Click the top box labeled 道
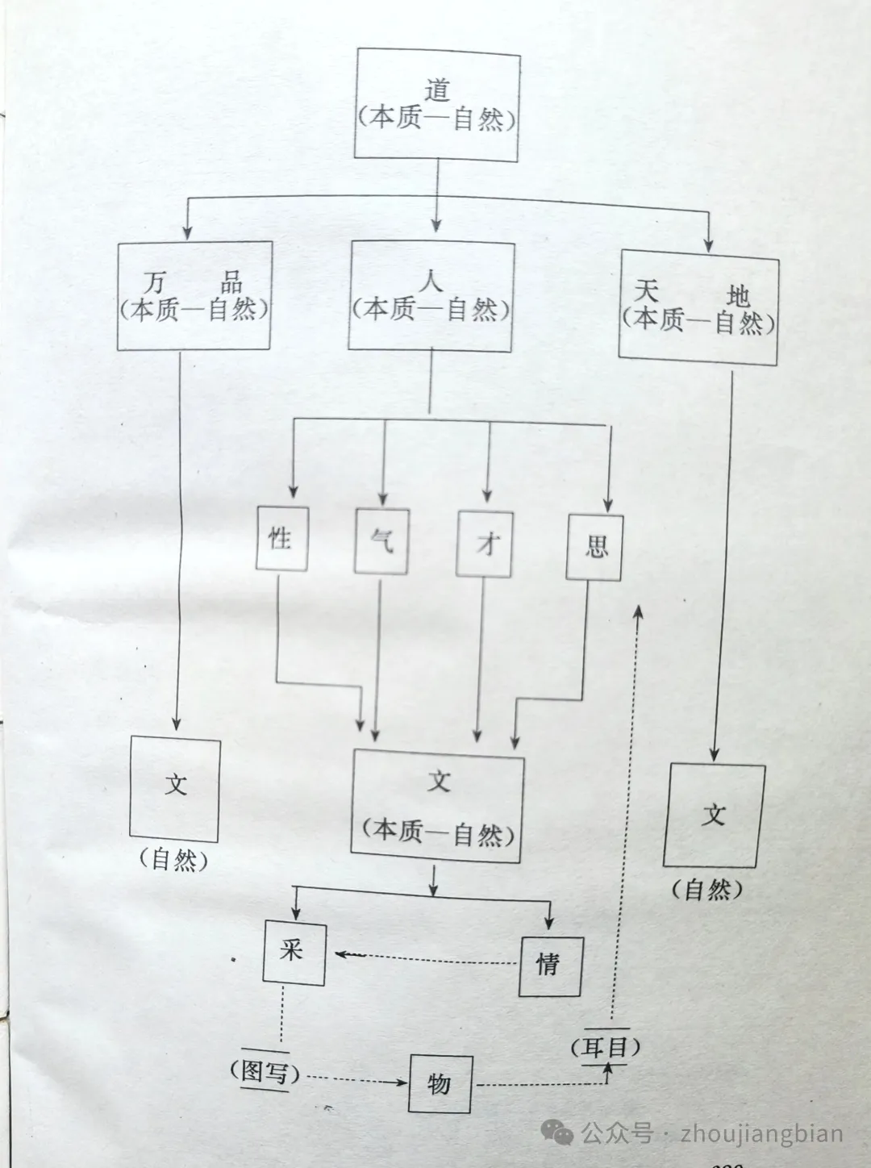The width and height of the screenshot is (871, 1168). [x=437, y=105]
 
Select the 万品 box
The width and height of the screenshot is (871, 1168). [x=194, y=296]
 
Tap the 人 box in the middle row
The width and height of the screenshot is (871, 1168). [x=431, y=296]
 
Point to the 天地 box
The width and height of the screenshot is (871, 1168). [x=698, y=308]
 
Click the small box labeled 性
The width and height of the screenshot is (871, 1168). [x=281, y=538]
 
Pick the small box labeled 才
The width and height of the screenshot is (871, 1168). [x=485, y=544]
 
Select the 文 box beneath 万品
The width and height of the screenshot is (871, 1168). [x=175, y=788]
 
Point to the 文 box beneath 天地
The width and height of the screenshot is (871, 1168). [x=714, y=815]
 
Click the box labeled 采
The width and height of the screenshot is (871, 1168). [x=294, y=953]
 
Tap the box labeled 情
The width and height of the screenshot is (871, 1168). [x=550, y=965]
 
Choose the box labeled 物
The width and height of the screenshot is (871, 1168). [x=440, y=1083]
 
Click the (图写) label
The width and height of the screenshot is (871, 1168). [x=265, y=1072]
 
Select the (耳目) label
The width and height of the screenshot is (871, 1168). [x=606, y=1047]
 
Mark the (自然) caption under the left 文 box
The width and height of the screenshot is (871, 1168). [x=173, y=860]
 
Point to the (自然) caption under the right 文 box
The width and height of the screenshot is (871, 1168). [x=707, y=889]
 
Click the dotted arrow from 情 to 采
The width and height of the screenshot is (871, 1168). [x=427, y=958]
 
